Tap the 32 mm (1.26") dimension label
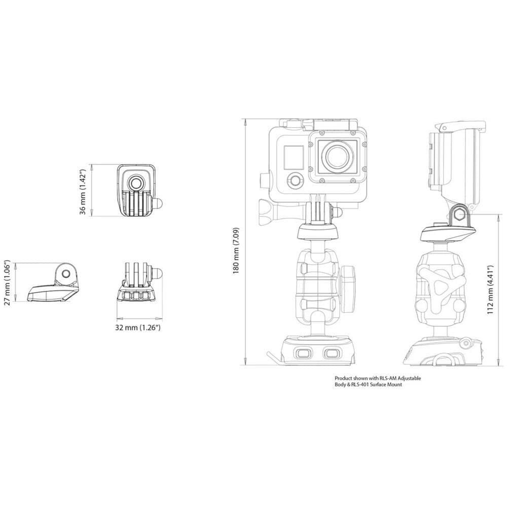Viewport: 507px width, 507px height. click(x=137, y=328)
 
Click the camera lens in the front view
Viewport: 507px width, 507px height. click(x=337, y=157)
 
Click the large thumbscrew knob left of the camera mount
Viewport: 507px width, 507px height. click(x=267, y=212)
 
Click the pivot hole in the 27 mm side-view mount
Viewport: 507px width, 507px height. click(x=66, y=273)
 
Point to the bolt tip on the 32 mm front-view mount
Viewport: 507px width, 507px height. click(x=158, y=272)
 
